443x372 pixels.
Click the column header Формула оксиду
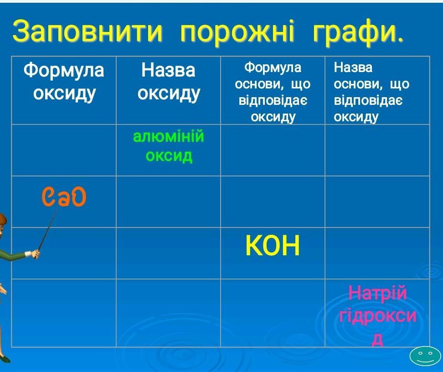(x=64, y=82)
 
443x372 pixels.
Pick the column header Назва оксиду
(x=168, y=82)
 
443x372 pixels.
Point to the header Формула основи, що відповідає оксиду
(x=273, y=92)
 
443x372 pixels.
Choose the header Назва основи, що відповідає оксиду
(x=371, y=92)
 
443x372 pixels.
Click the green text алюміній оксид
(x=168, y=146)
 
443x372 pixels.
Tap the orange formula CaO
(x=64, y=197)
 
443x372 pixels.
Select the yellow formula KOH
(x=273, y=246)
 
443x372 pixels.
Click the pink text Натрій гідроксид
(x=377, y=315)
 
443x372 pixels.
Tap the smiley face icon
(x=425, y=356)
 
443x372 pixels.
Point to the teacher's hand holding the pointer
(x=35, y=253)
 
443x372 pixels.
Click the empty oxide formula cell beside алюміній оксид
(x=64, y=150)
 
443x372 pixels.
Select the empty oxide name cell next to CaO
(x=168, y=201)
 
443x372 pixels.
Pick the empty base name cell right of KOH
(x=377, y=253)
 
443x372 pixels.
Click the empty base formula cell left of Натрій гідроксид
(x=273, y=313)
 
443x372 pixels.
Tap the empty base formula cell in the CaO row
(x=273, y=201)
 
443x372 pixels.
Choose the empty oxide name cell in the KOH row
(x=168, y=253)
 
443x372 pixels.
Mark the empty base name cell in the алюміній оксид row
(x=377, y=150)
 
